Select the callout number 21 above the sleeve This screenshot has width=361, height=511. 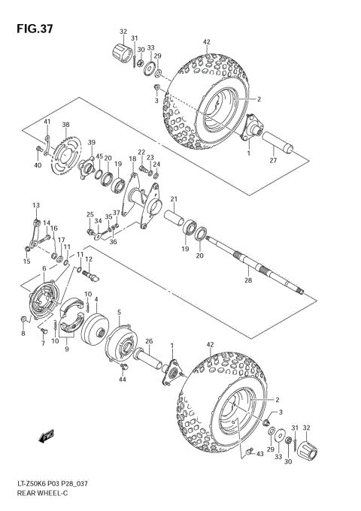[x=173, y=199]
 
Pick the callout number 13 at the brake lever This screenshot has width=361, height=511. [x=35, y=206]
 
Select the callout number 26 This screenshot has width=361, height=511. [x=149, y=340]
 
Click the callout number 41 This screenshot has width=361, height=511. [x=47, y=122]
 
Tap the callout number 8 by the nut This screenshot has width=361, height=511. [x=23, y=334]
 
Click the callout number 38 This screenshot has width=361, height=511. [x=65, y=125]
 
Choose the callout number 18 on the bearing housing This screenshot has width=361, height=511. [x=132, y=159]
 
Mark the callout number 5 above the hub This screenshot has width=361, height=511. [x=119, y=312]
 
